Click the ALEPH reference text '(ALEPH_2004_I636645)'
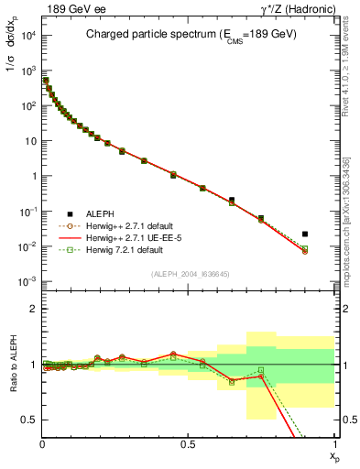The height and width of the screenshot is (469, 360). (x=189, y=274)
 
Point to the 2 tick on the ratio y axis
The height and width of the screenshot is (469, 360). (x=36, y=309)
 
